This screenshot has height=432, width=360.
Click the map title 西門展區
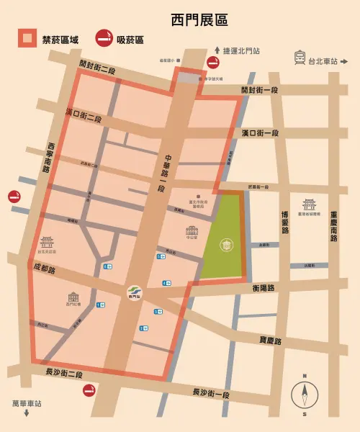pyautogui.click(x=180, y=18)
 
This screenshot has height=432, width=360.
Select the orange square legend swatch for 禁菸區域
pyautogui.click(x=27, y=38)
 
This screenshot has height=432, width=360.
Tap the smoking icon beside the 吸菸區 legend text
pyautogui.click(x=105, y=38)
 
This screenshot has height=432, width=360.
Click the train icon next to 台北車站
pyautogui.click(x=299, y=58)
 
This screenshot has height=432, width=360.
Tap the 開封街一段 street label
pyautogui.click(x=259, y=91)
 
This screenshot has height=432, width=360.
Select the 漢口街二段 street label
pyautogui.click(x=84, y=116)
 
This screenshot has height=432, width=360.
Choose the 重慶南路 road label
pyautogui.click(x=333, y=225)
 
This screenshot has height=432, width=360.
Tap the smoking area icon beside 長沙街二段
pyautogui.click(x=89, y=390)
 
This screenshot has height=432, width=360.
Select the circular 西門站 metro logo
pyautogui.click(x=131, y=292)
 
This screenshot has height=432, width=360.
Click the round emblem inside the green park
pyautogui.click(x=226, y=245)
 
